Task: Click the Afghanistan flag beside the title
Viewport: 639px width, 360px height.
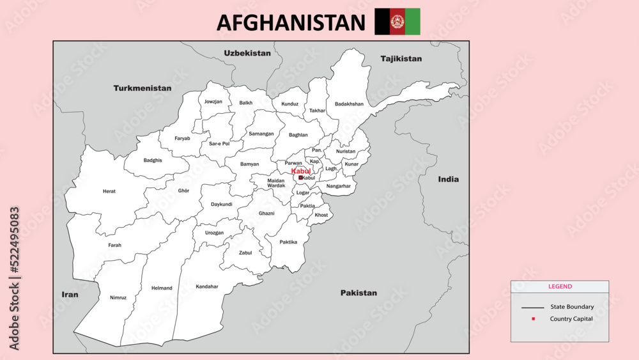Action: (397, 22)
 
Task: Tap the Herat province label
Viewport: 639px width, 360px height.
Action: (109, 191)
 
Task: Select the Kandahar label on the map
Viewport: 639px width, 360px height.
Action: (206, 286)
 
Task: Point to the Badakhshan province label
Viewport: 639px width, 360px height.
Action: (349, 104)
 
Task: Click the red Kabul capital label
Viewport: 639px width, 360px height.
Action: (301, 171)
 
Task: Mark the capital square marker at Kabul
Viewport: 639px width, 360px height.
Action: (300, 178)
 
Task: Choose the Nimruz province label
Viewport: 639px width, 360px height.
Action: (118, 297)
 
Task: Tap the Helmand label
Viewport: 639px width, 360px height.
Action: (162, 288)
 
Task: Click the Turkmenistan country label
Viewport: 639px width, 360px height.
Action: (142, 88)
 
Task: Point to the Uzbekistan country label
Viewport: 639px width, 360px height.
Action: (247, 53)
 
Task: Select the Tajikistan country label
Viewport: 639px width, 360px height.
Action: (401, 59)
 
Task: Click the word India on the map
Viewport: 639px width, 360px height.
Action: (448, 179)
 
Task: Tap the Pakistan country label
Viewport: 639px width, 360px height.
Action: (358, 293)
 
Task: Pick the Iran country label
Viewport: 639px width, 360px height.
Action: (70, 295)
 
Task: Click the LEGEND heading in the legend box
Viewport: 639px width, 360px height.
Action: (560, 286)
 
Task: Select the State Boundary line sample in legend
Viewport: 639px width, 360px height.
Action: (532, 308)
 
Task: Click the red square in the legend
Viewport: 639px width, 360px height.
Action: (532, 318)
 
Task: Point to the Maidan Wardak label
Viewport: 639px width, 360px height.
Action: (276, 183)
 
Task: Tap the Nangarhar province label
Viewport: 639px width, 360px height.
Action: (338, 186)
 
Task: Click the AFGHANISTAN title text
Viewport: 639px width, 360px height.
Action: (291, 22)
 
